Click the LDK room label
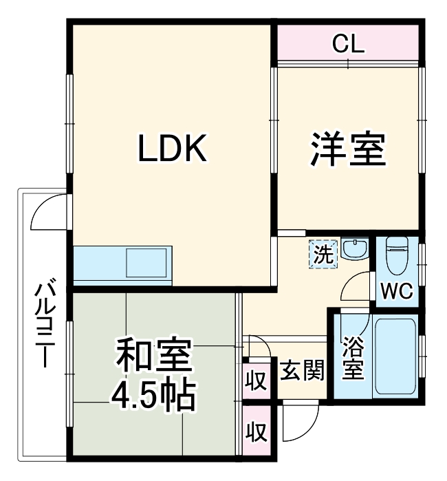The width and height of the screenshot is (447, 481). click(172, 149)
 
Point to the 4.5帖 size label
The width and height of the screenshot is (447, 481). click(155, 394)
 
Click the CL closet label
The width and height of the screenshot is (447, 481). click(349, 45)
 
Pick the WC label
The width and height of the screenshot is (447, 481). click(397, 291)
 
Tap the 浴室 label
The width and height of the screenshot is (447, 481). click(353, 358)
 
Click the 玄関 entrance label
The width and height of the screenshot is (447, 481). click(302, 372)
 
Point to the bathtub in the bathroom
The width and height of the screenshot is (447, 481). click(396, 358)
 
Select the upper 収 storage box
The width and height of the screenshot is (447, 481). click(256, 380)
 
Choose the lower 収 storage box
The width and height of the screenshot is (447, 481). click(256, 432)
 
